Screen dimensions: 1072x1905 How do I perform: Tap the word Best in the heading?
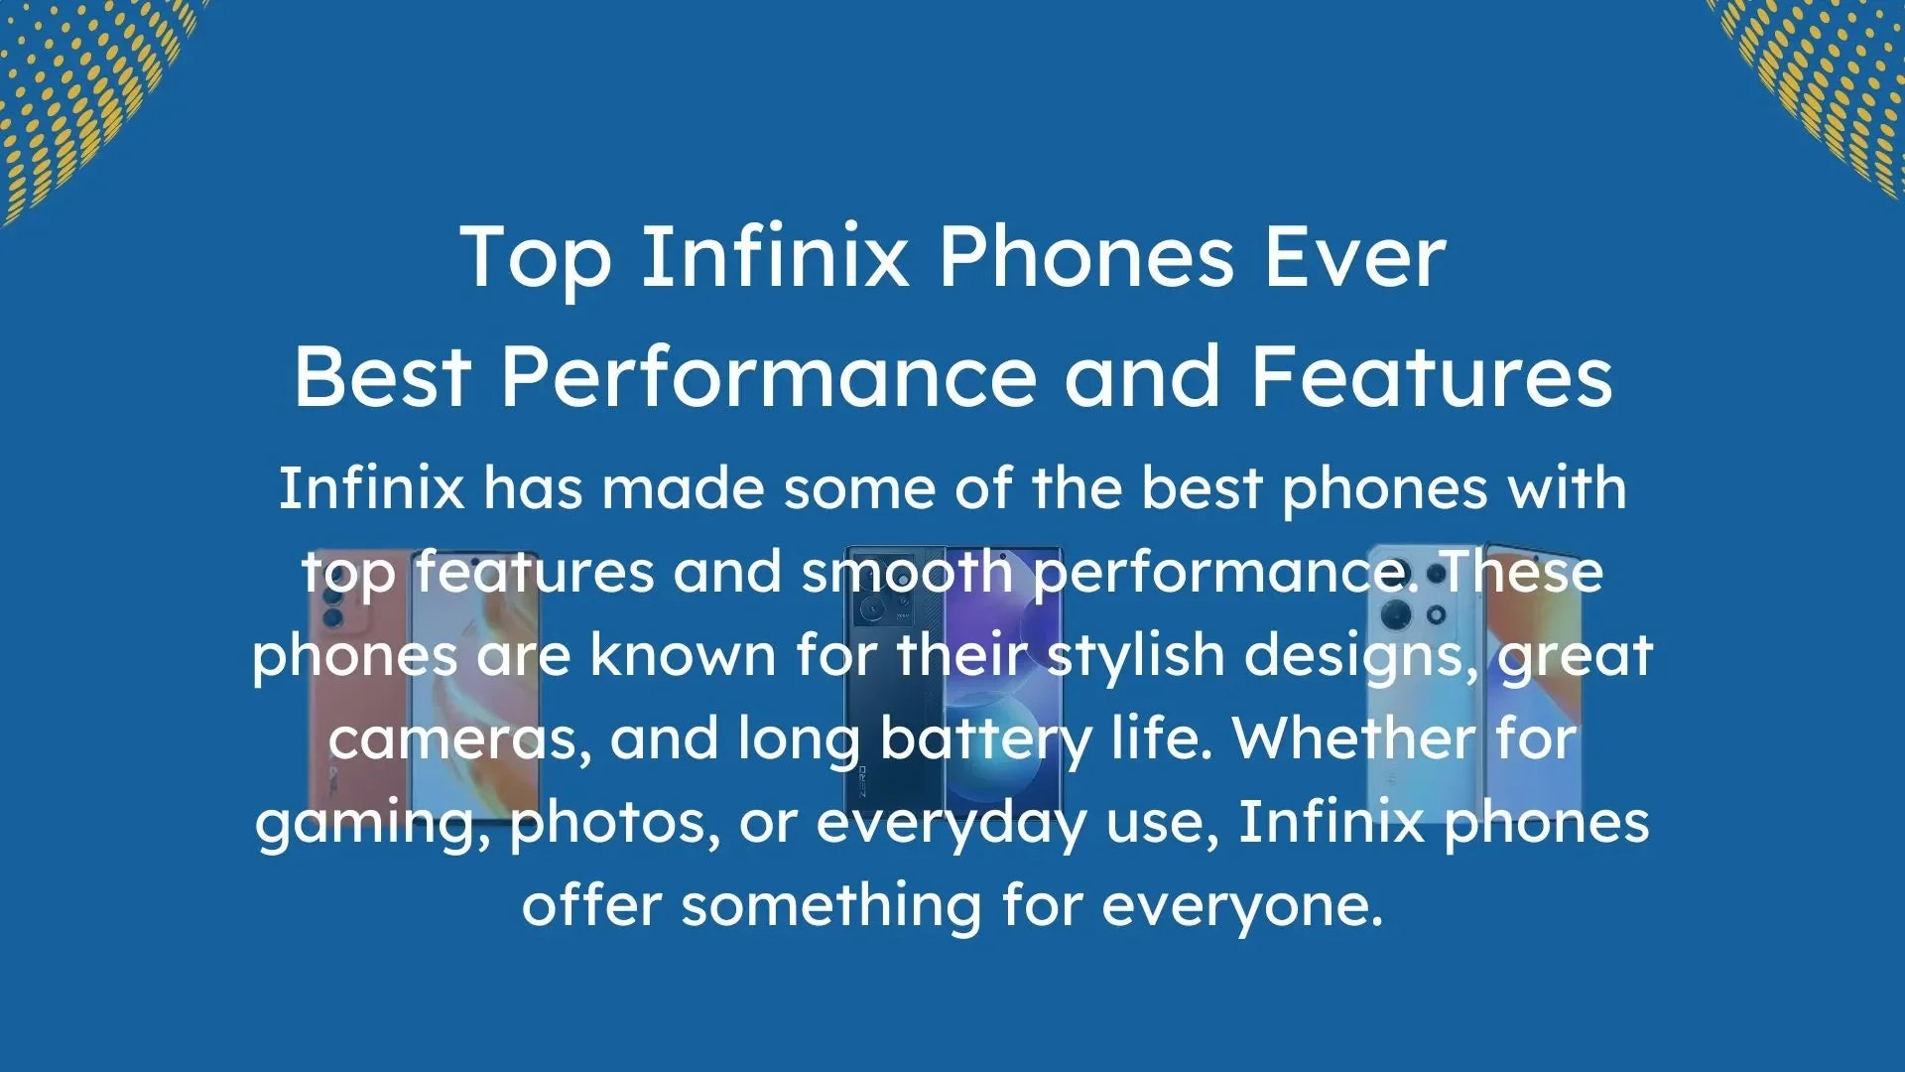tap(382, 377)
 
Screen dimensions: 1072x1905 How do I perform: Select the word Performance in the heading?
tap(768, 377)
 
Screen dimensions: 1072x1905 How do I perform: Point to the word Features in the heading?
tap(1431, 377)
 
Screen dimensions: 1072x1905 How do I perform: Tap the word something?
tap(830, 907)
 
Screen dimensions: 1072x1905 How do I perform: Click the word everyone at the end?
tap(1241, 907)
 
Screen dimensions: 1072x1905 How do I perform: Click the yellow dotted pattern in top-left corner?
tap(79, 89)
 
